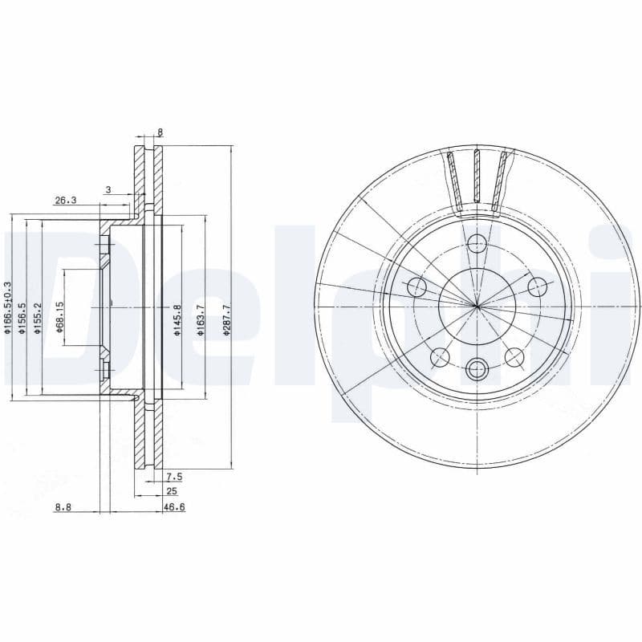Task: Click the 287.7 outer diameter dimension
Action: tap(227, 319)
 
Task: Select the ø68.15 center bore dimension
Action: tap(59, 316)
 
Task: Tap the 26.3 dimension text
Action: tap(65, 201)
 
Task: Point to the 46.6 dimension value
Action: tap(174, 507)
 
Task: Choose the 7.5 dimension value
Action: tap(173, 477)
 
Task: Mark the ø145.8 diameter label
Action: tap(177, 319)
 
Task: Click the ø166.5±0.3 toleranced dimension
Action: tap(8, 307)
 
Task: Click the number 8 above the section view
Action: tap(160, 132)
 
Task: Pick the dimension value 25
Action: tap(171, 490)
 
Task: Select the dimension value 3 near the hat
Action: tap(108, 189)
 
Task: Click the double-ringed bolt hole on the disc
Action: tap(477, 369)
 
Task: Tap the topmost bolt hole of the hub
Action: tap(477, 243)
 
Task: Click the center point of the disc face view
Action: tap(477, 306)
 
